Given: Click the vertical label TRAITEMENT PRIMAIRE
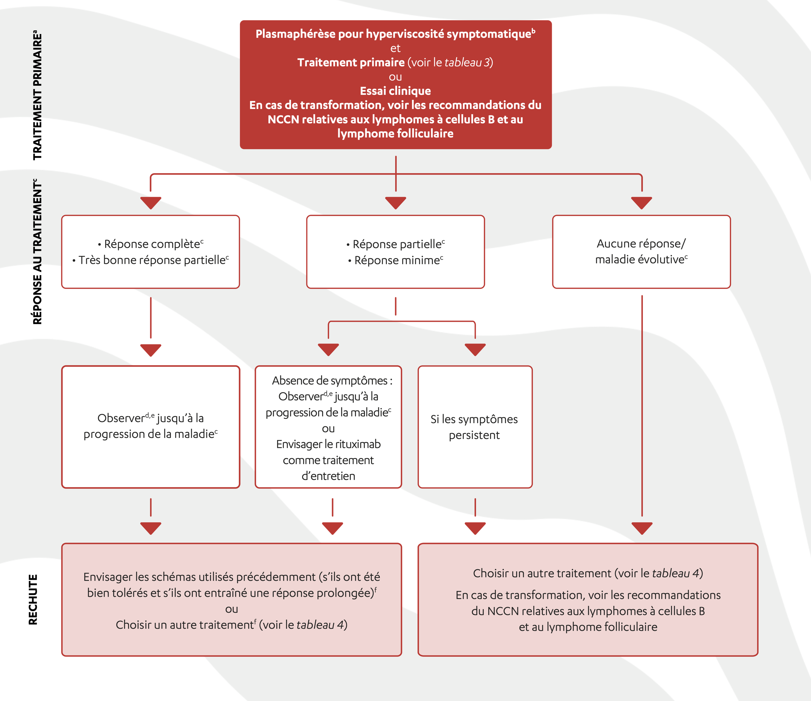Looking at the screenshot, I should [x=37, y=96].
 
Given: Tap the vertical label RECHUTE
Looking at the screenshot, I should [x=33, y=599].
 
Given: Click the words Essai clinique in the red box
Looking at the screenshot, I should [x=395, y=91].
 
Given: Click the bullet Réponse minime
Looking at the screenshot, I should [x=396, y=260].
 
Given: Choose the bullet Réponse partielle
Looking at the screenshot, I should [x=396, y=244].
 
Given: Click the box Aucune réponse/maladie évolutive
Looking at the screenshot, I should [x=641, y=252].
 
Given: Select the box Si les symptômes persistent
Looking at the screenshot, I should [x=474, y=427].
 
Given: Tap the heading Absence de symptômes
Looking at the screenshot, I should [x=329, y=380].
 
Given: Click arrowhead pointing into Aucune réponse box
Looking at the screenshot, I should [x=641, y=202].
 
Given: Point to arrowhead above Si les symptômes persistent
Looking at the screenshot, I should [x=475, y=349].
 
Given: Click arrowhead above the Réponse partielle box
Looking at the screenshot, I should [x=395, y=202].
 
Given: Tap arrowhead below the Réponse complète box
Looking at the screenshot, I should [x=151, y=350].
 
